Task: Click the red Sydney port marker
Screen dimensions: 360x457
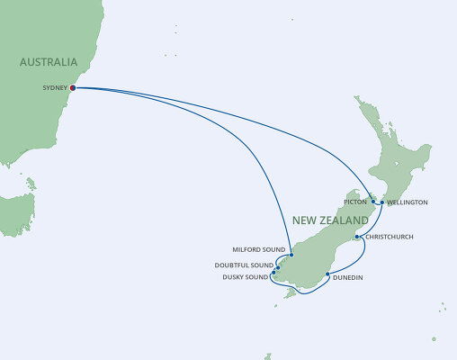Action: tap(73, 88)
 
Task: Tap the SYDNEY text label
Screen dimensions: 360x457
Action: tap(55, 88)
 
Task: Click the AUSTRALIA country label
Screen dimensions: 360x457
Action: tap(49, 63)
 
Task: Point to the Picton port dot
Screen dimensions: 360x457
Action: tap(372, 202)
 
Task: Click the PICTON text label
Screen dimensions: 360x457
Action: tap(355, 202)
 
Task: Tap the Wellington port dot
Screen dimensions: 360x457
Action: tap(382, 202)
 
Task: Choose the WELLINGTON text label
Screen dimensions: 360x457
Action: tap(408, 202)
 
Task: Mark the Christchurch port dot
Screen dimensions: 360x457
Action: tap(357, 238)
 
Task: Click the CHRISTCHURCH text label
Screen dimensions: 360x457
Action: tap(390, 238)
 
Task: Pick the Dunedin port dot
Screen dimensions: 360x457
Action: tap(327, 274)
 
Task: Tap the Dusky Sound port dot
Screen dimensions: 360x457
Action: tap(273, 271)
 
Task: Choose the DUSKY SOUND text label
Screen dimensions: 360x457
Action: tap(245, 276)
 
